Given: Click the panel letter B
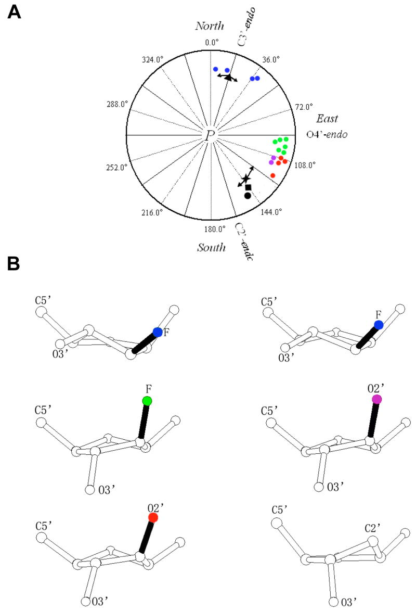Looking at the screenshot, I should [14, 264].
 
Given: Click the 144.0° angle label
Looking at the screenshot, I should [271, 212].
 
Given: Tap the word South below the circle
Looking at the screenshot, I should [211, 247].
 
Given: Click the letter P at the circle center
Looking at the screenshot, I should [210, 136].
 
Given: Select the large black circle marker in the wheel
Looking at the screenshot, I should [248, 195].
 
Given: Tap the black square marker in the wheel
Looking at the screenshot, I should [248, 187].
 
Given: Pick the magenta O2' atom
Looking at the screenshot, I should [377, 399].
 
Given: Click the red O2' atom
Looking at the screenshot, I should [152, 517].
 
